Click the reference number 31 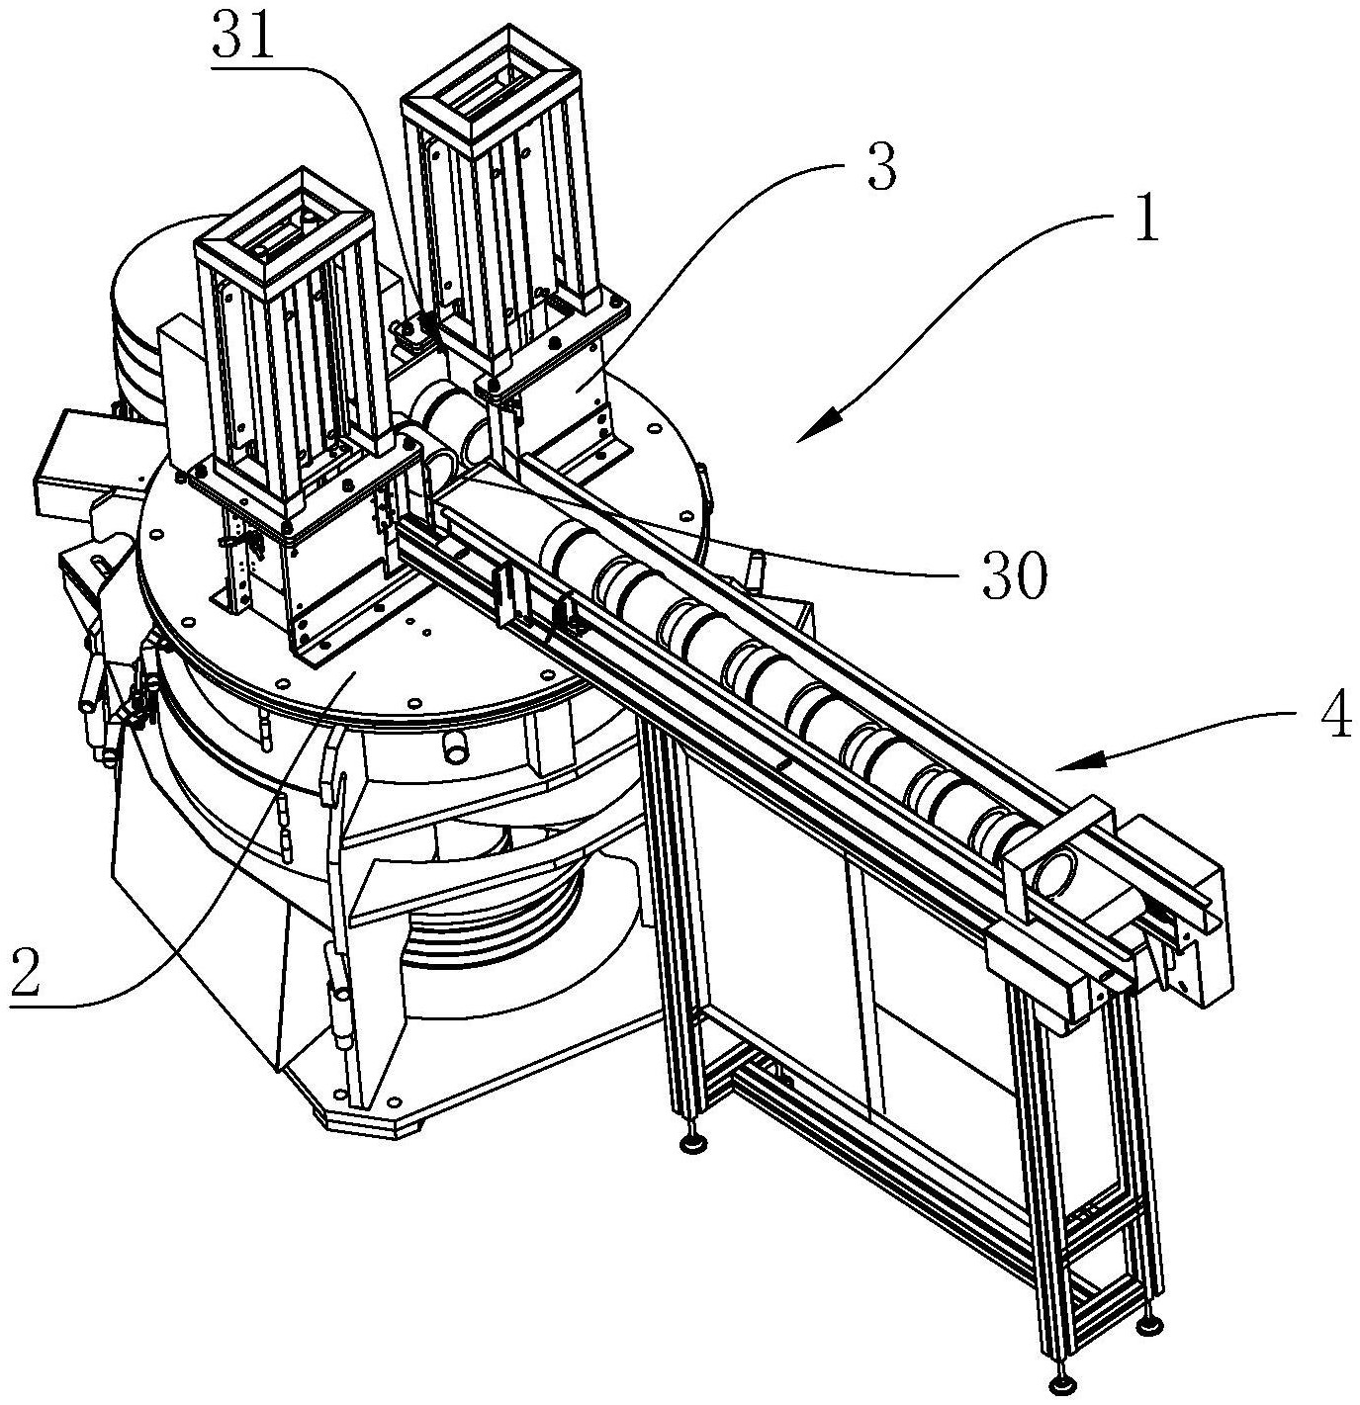point(243,38)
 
